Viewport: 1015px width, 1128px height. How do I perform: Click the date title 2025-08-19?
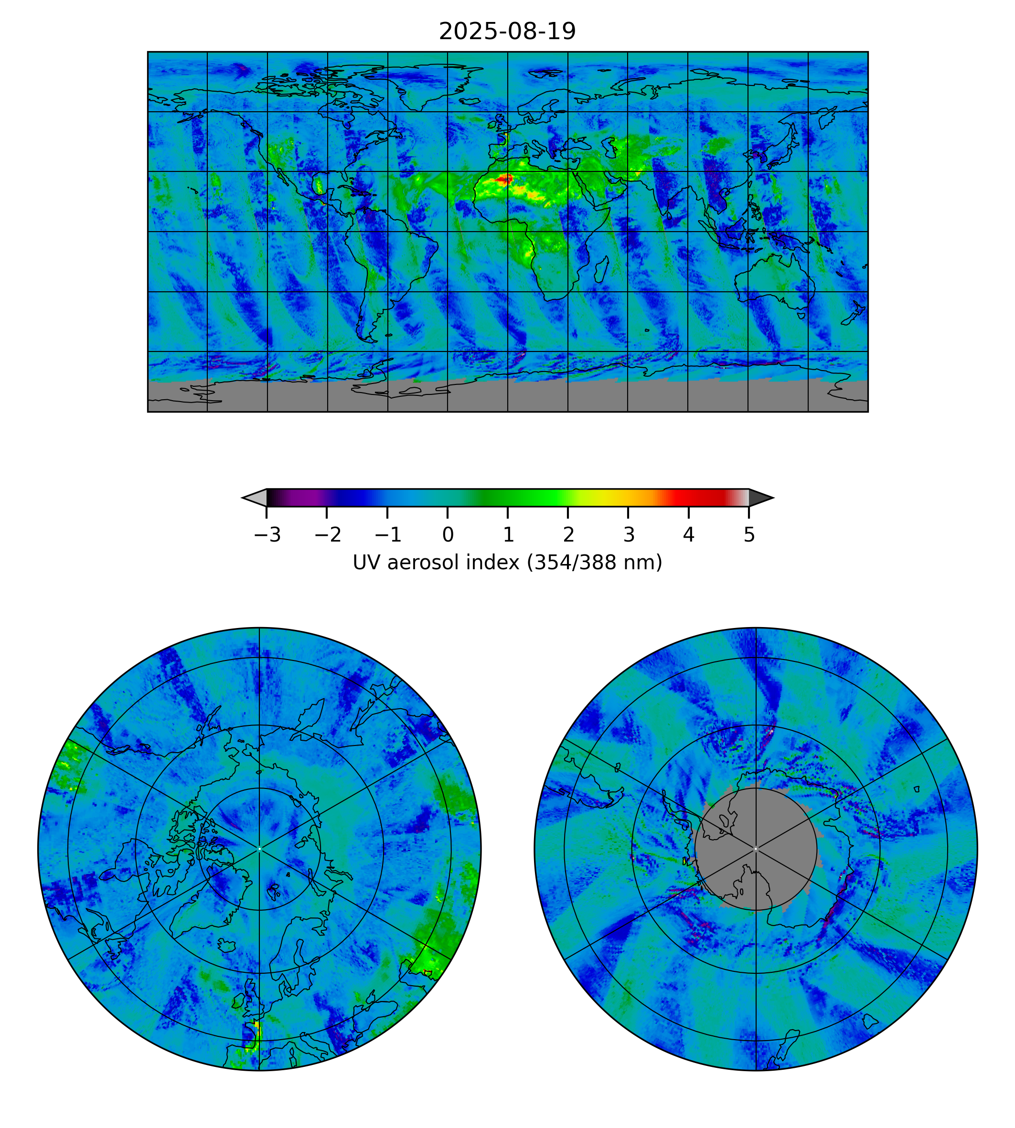(507, 31)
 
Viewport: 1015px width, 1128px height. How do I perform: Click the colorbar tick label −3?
(267, 535)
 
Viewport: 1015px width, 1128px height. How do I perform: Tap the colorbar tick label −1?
(387, 535)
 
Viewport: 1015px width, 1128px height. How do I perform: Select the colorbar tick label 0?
(448, 535)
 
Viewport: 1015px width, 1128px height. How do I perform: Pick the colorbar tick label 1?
(508, 535)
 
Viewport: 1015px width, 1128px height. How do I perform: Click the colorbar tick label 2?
(568, 535)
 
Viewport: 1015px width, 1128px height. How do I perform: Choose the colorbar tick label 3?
(629, 535)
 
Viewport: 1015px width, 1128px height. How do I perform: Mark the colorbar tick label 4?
(689, 535)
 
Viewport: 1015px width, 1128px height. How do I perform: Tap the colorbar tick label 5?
(749, 535)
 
